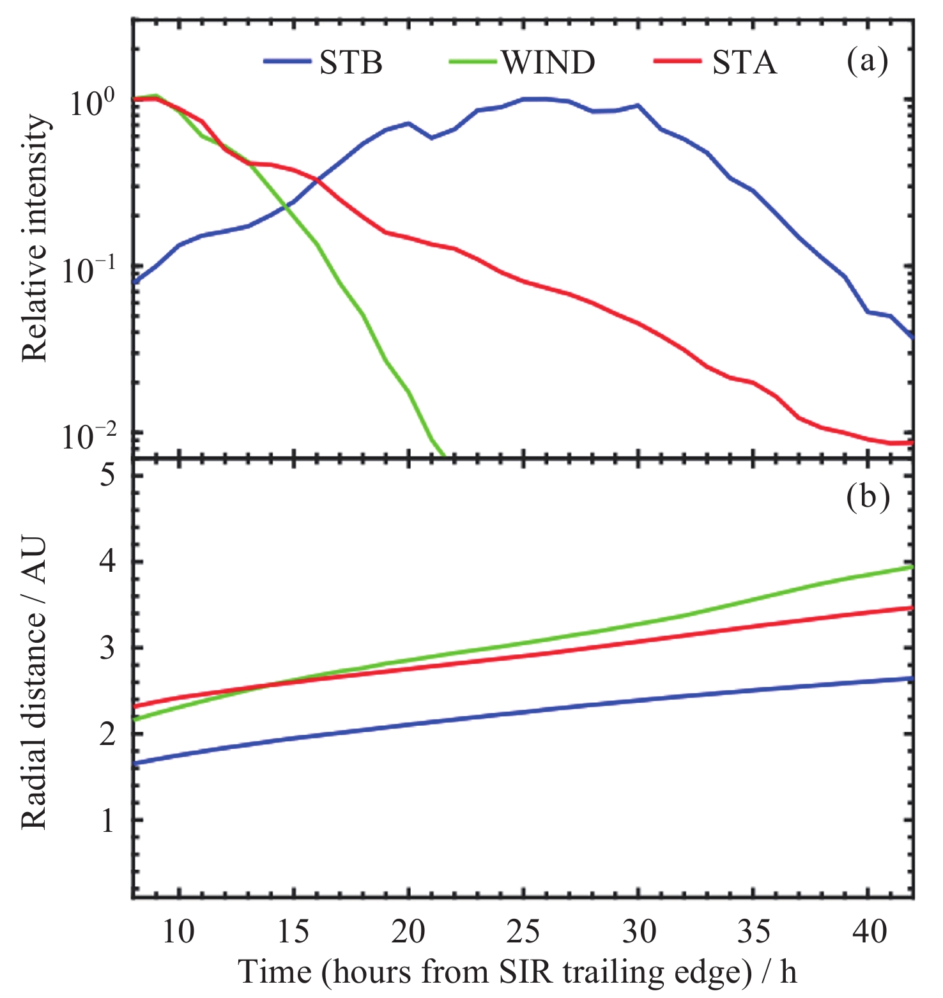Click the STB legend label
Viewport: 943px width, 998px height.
[351, 63]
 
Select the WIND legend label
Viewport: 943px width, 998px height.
[548, 63]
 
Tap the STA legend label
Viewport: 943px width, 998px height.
[744, 63]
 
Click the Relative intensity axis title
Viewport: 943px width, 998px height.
[35, 238]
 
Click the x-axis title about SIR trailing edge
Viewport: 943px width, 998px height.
[517, 972]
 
